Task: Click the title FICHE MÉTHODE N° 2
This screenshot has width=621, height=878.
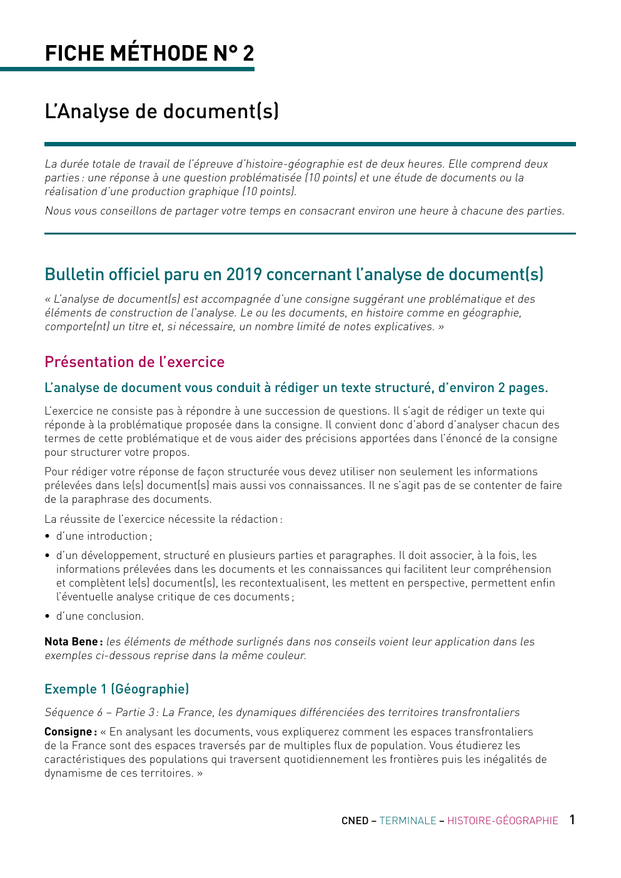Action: pos(149,54)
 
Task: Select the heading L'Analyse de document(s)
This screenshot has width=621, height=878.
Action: pos(161,111)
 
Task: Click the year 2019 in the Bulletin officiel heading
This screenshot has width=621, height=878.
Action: pos(245,275)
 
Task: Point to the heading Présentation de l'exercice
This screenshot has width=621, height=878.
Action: pos(134,362)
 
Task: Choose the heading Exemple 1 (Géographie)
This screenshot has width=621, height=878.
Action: pos(116,689)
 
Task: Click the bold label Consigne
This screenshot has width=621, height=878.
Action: pos(70,732)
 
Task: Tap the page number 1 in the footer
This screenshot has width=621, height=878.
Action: pos(572,820)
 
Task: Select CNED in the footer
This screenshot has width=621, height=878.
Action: pos(355,821)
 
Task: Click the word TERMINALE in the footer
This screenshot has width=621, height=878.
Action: pos(408,821)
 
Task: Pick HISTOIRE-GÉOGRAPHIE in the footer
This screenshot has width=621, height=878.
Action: pos(502,821)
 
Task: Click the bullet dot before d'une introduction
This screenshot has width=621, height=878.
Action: pos(48,537)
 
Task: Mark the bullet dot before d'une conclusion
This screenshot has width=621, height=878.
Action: pos(48,617)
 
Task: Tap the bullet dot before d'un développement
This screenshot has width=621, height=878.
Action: pos(48,556)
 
